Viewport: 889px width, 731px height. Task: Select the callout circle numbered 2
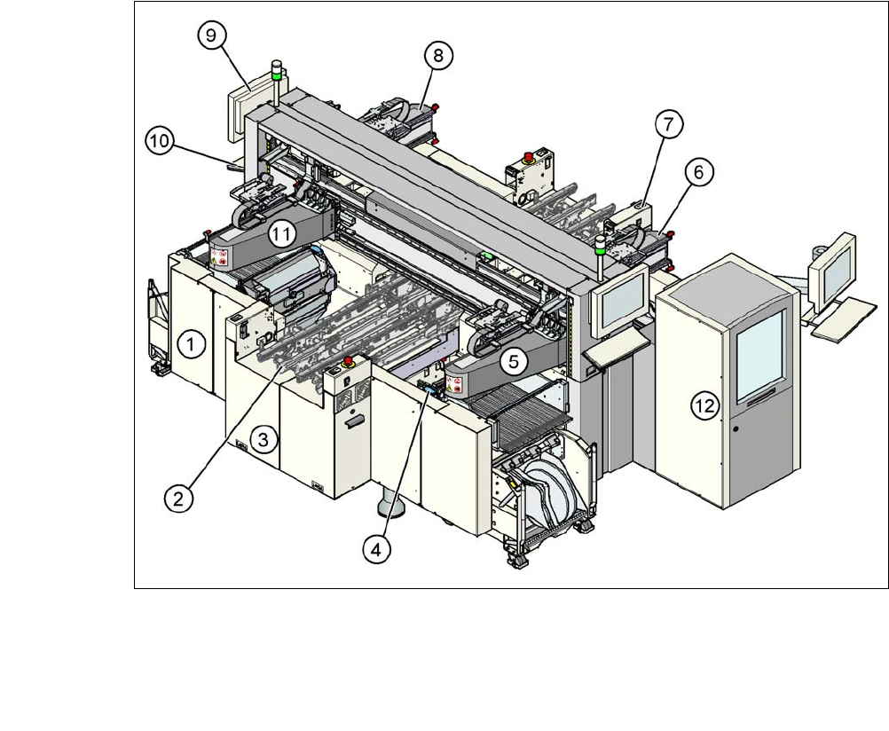coord(179,499)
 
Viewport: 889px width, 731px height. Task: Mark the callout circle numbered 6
coord(697,174)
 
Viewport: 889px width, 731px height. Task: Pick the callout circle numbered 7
coord(670,126)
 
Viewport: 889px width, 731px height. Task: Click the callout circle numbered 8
coord(437,56)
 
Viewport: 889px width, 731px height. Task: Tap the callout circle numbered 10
coord(161,140)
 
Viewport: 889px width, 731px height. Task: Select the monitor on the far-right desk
coord(835,265)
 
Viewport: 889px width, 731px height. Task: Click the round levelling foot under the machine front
coord(391,508)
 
